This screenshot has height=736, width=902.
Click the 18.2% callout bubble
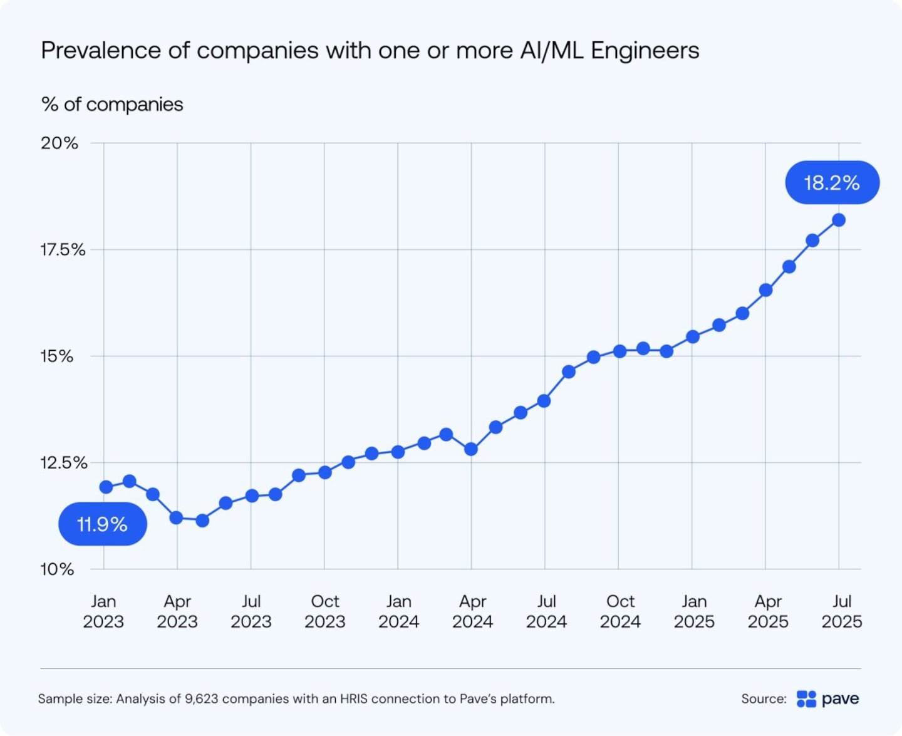pyautogui.click(x=832, y=182)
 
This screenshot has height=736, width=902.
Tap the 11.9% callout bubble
pyautogui.click(x=103, y=524)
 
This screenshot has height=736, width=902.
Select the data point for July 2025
pyautogui.click(x=839, y=220)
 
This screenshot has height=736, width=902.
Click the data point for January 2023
pyautogui.click(x=106, y=487)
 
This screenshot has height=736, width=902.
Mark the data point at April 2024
pyautogui.click(x=471, y=449)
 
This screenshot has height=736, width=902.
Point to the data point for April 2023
pyautogui.click(x=176, y=517)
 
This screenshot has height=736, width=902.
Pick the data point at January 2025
pyautogui.click(x=692, y=337)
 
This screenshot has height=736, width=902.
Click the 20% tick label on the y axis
pyautogui.click(x=60, y=143)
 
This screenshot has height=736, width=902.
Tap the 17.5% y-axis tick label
pyautogui.click(x=63, y=249)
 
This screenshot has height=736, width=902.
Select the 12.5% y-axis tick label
pyautogui.click(x=63, y=462)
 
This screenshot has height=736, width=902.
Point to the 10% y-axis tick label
pyautogui.click(x=57, y=569)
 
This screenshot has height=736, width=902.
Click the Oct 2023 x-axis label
pyautogui.click(x=324, y=611)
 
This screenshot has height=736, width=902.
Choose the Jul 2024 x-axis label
pyautogui.click(x=546, y=611)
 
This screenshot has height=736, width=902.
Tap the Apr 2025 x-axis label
pyautogui.click(x=768, y=611)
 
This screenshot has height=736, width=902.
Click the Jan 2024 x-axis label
pyautogui.click(x=398, y=611)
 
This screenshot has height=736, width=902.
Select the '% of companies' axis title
pyautogui.click(x=112, y=104)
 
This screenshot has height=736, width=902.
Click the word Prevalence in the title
pyautogui.click(x=101, y=50)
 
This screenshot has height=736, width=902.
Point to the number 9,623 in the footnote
pyautogui.click(x=201, y=698)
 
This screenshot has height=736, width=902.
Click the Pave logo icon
pyautogui.click(x=806, y=698)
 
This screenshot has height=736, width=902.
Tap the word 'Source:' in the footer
pyautogui.click(x=764, y=698)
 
